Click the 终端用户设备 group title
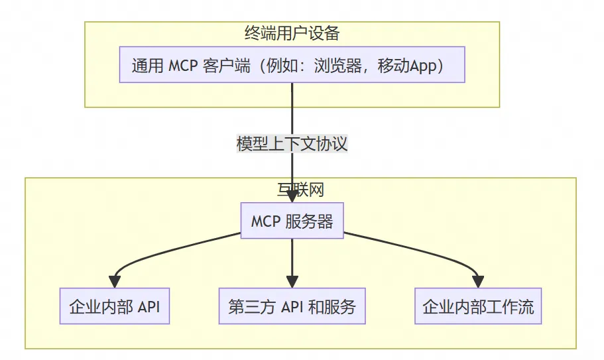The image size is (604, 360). pyautogui.click(x=292, y=33)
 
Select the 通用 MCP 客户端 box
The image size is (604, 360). pyautogui.click(x=292, y=65)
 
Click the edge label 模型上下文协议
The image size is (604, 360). pyautogui.click(x=292, y=143)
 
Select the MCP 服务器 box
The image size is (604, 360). pyautogui.click(x=292, y=221)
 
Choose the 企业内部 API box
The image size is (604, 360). pyautogui.click(x=114, y=306)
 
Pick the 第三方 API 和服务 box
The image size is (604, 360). pyautogui.click(x=292, y=306)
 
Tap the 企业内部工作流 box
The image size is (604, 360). pyautogui.click(x=478, y=306)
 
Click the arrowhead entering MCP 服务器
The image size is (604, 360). pyautogui.click(x=292, y=198)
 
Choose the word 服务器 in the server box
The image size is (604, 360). pyautogui.click(x=309, y=221)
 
